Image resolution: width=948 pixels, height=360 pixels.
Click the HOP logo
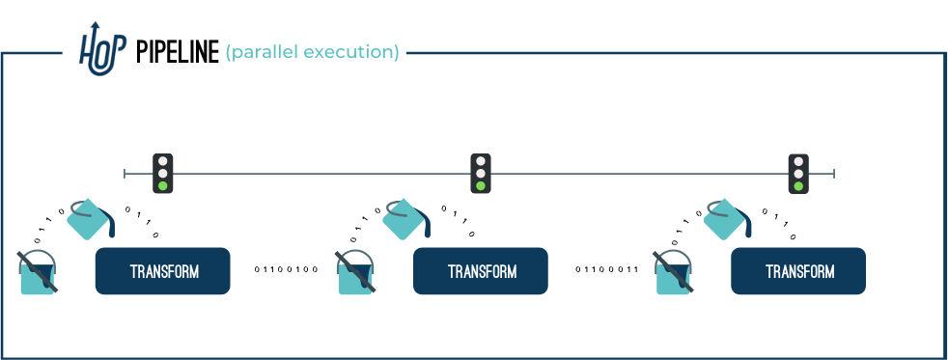click(102, 49)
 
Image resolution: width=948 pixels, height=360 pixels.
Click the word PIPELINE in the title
click(177, 52)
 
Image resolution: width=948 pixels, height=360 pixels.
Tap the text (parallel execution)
click(313, 52)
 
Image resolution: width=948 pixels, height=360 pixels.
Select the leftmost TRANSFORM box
click(162, 271)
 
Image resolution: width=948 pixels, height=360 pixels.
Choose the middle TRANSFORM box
click(481, 271)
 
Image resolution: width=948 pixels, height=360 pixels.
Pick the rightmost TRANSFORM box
click(798, 271)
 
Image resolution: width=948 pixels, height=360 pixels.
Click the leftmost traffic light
click(162, 174)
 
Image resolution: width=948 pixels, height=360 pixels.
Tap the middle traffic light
click(481, 174)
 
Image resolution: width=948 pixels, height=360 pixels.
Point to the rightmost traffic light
click(798, 174)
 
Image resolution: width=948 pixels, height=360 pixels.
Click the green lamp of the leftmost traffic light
click(162, 186)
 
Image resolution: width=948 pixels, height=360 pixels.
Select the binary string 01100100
click(286, 269)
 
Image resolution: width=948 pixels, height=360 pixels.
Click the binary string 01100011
click(607, 269)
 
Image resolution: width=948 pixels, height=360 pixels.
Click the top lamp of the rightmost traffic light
click(798, 161)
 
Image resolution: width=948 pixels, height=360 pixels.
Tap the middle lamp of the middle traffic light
click(481, 174)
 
